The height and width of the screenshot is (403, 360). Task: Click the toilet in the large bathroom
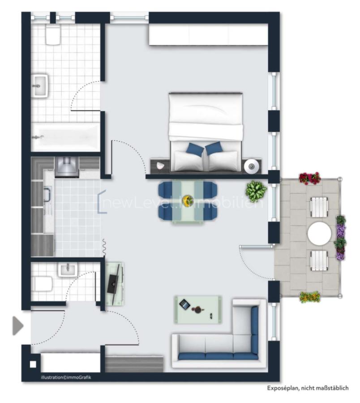(53, 36)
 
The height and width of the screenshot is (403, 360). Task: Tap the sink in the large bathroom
(40, 85)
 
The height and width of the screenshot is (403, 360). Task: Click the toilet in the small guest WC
(43, 283)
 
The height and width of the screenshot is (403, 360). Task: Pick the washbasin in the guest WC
(68, 269)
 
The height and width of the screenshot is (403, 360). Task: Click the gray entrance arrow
(17, 326)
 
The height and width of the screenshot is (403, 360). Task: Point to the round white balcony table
(320, 233)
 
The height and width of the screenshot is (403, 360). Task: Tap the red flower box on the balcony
(310, 178)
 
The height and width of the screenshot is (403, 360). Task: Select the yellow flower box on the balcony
(310, 296)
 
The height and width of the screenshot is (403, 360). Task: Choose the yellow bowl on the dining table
(188, 200)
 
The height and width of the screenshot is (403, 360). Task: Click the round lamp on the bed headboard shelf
(252, 167)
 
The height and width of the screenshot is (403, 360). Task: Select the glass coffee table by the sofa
(198, 309)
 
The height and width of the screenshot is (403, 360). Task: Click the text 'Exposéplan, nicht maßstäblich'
(307, 388)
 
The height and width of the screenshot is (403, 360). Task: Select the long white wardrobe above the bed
(208, 35)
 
